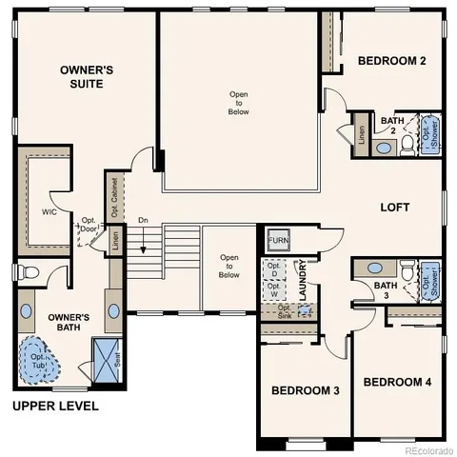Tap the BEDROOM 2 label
coord(391,62)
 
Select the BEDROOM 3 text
coord(305,390)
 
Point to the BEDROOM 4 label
coord(397,382)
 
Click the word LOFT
coord(395,207)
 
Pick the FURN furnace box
coord(278,241)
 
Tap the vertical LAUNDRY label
coord(303,281)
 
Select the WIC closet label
coord(50,211)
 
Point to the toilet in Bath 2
coord(407,144)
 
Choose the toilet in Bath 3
coord(407,272)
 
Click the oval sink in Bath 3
coord(373,268)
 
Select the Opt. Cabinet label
coord(113,195)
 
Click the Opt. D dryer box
coord(273,268)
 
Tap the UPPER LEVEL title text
coord(55,406)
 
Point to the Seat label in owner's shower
coord(119,359)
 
